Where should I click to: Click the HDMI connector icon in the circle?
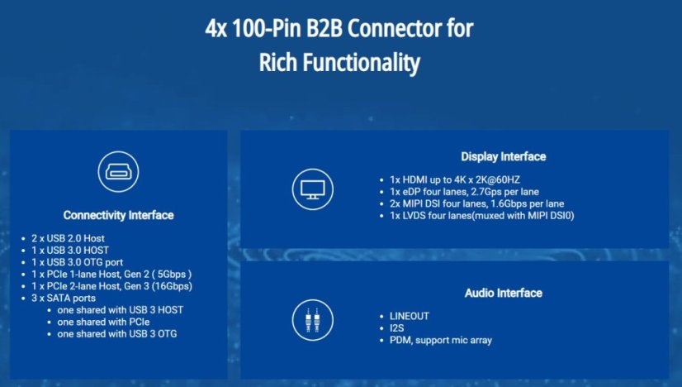[x=118, y=172]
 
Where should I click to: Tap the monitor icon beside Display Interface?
[x=312, y=189]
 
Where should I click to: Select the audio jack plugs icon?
[x=312, y=320]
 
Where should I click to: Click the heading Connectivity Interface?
[x=118, y=215]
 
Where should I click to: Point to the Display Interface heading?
[x=503, y=156]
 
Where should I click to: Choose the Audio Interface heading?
[x=503, y=293]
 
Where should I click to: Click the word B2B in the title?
[x=324, y=29]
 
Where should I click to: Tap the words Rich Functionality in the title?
[x=339, y=62]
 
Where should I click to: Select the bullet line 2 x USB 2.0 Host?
[x=68, y=238]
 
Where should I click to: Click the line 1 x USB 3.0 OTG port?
[x=77, y=262]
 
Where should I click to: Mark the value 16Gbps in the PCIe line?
[x=173, y=286]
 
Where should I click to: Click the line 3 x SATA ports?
[x=64, y=298]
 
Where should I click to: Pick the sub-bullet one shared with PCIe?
[x=103, y=322]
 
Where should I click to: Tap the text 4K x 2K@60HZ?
[x=481, y=179]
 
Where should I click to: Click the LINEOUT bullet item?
[x=410, y=316]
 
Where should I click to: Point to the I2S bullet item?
[x=396, y=328]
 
